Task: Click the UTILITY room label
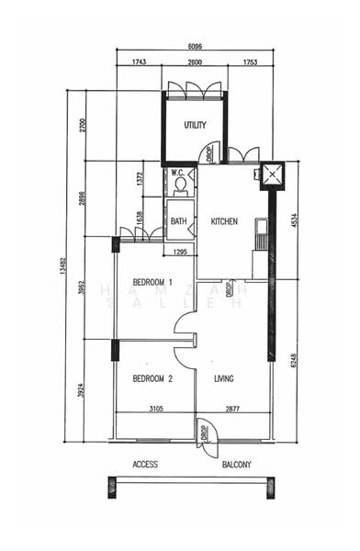tap(194, 126)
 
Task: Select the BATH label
tap(178, 221)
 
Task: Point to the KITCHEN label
tap(225, 221)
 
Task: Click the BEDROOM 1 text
tap(152, 280)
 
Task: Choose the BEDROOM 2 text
tap(152, 377)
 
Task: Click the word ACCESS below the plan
tap(145, 464)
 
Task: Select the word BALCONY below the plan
tap(236, 464)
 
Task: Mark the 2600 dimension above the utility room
tap(195, 62)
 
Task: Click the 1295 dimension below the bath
tap(180, 251)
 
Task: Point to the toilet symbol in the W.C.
tap(180, 186)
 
